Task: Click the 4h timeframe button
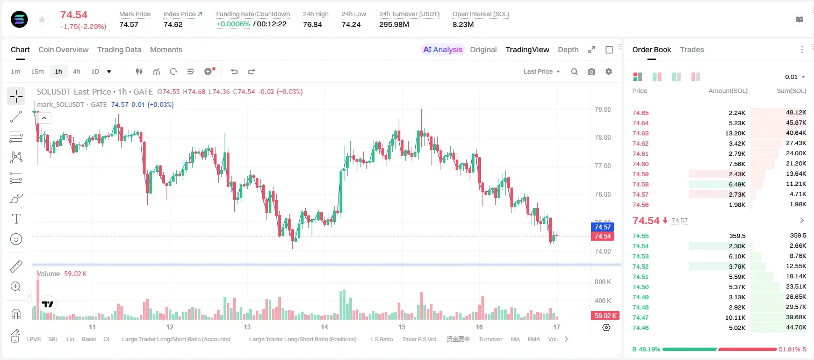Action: (x=76, y=71)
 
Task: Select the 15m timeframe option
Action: (x=38, y=71)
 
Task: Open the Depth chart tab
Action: (x=568, y=50)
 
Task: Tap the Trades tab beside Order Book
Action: (x=692, y=50)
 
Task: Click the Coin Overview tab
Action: (x=63, y=50)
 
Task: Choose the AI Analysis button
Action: (x=443, y=50)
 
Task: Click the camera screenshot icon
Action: (x=592, y=71)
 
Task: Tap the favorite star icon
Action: (x=42, y=19)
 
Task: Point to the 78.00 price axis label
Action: (x=602, y=138)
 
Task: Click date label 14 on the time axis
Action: (x=324, y=327)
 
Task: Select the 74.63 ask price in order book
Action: (x=640, y=133)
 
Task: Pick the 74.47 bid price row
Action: (x=640, y=318)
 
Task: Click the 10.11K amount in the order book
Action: (x=735, y=318)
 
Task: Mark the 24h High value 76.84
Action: (x=313, y=24)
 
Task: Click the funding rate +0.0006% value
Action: (x=233, y=24)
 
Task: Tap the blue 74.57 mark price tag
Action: (x=602, y=227)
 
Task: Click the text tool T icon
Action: (x=16, y=219)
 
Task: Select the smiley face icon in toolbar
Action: (x=16, y=239)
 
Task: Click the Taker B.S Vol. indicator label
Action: (x=419, y=339)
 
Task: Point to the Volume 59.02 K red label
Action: (x=605, y=316)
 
